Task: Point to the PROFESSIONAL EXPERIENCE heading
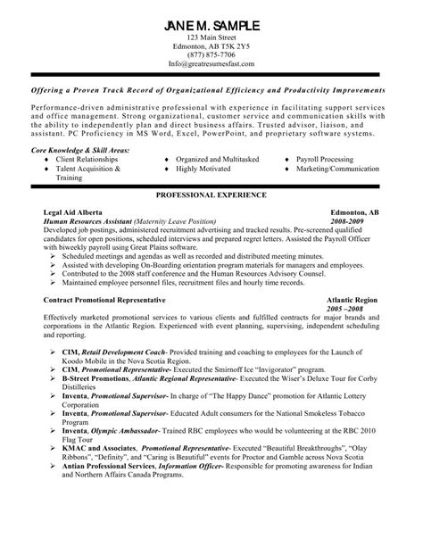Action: [211, 193]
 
